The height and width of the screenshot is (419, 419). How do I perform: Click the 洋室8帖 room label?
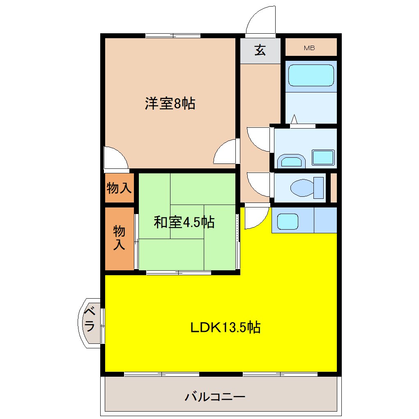coord(170,104)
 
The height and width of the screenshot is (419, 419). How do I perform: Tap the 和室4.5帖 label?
coord(184,222)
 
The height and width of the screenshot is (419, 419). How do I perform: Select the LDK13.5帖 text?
coord(225,327)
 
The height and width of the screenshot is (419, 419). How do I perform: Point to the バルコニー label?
coord(215,397)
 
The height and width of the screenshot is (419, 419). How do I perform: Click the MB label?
coord(309,48)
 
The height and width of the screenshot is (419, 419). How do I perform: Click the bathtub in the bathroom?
coord(311,75)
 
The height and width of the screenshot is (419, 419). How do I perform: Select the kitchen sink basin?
coord(287,222)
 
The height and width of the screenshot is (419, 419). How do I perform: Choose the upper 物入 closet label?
coord(119,188)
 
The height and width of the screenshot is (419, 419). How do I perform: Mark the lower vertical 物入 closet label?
coord(119,238)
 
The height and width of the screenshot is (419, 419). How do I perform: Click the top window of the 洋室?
coord(173,35)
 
